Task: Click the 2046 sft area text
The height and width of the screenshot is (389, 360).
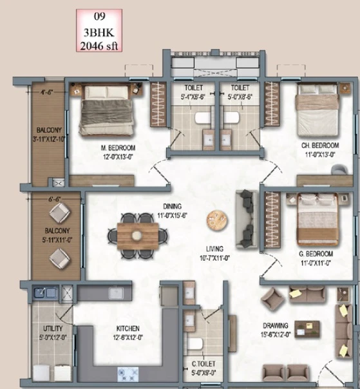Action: tap(99, 46)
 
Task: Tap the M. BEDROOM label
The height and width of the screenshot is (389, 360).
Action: tap(118, 148)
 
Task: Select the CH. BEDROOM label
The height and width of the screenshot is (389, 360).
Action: tap(320, 146)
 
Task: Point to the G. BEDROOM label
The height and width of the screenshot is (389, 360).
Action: tap(316, 254)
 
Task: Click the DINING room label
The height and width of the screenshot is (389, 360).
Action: tap(172, 206)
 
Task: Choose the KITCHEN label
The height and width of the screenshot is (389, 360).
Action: tap(128, 328)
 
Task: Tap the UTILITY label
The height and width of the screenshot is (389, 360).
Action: tap(53, 328)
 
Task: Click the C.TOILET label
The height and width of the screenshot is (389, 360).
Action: tap(204, 364)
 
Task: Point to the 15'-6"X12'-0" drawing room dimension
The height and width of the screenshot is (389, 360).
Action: tap(276, 335)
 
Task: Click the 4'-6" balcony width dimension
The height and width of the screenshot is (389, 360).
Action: tap(47, 92)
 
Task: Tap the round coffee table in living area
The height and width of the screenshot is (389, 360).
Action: tap(217, 220)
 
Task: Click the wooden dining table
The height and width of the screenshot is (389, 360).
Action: tap(138, 236)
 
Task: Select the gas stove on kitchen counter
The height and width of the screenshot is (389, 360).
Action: tap(128, 374)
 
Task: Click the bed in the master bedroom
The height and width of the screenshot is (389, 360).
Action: tap(107, 110)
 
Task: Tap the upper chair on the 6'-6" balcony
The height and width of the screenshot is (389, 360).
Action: tap(60, 213)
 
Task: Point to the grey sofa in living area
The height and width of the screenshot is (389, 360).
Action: tap(247, 219)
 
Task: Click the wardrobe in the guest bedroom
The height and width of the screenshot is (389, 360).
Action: tap(272, 220)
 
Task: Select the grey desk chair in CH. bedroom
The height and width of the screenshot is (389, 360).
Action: tap(339, 169)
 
